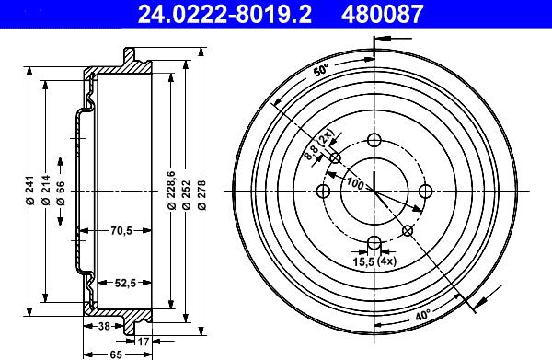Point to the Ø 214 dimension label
[47, 192]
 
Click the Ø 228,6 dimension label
[171, 192]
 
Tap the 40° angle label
[422, 316]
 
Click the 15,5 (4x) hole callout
[374, 263]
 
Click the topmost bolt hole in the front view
[374, 140]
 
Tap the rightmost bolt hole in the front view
[425, 192]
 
